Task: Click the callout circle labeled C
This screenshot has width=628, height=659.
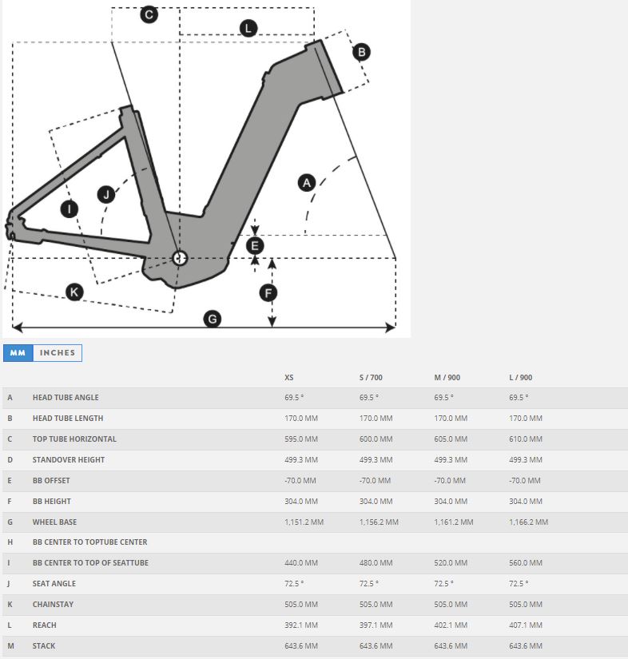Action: [x=149, y=14]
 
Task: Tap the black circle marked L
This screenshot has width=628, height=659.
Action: [x=248, y=28]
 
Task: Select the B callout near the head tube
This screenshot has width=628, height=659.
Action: [x=361, y=52]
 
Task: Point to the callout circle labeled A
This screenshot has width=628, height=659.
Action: [x=307, y=183]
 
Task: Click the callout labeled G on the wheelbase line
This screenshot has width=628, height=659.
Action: [x=213, y=319]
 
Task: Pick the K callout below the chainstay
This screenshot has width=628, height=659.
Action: [x=74, y=292]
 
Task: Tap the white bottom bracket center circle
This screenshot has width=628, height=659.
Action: [x=180, y=258]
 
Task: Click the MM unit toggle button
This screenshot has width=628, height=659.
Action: [x=18, y=352]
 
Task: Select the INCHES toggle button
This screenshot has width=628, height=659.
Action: [x=58, y=352]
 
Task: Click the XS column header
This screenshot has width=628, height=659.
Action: [x=288, y=377]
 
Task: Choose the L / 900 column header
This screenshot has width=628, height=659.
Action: [x=520, y=377]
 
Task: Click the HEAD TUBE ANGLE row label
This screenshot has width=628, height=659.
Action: [x=66, y=397]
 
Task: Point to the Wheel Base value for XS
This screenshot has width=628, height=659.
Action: [x=304, y=522]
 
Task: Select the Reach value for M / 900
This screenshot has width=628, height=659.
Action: [x=451, y=625]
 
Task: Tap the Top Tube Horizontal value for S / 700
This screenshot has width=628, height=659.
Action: [x=376, y=439]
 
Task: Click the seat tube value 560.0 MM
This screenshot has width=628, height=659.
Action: [x=526, y=563]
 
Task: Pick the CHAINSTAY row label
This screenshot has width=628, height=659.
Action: [x=53, y=605]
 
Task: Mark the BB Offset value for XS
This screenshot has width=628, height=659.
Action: [x=300, y=480]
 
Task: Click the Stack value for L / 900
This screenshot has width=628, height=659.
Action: [x=526, y=645]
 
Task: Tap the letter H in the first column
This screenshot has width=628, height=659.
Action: [x=10, y=542]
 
